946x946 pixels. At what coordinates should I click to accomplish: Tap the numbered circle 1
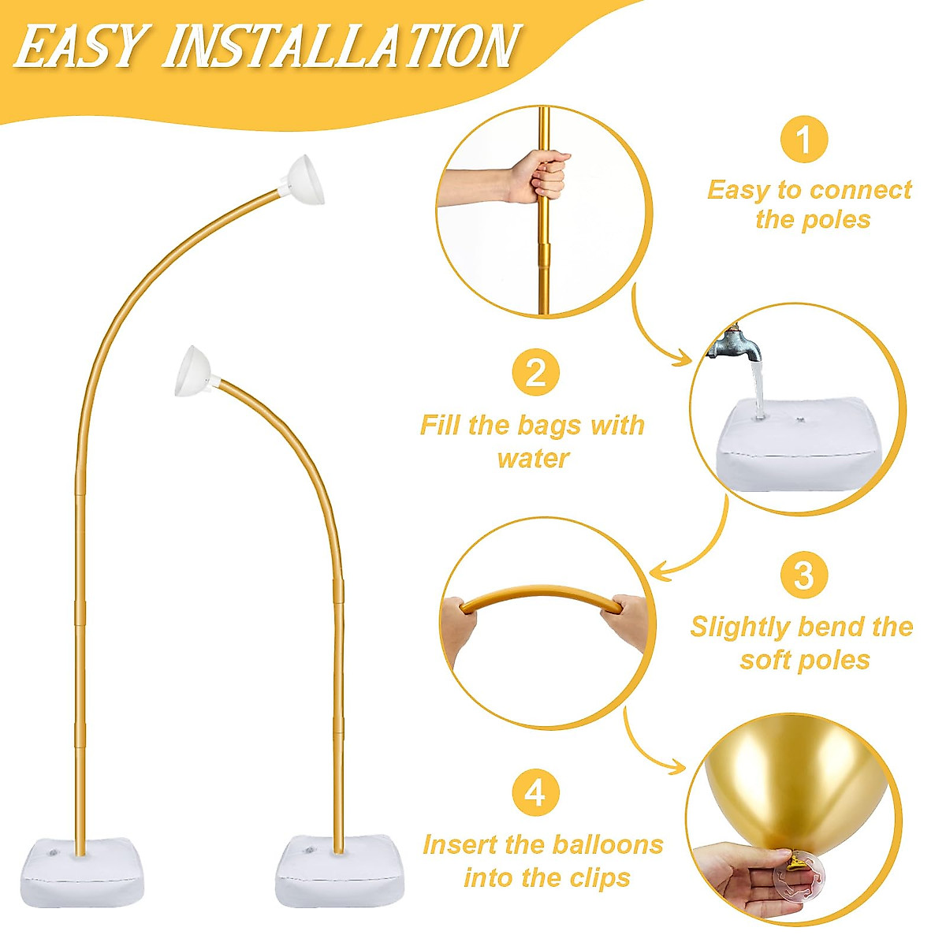tap(803, 141)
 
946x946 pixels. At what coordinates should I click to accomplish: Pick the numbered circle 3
tap(803, 575)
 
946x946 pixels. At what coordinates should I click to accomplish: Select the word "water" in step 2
tap(533, 458)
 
